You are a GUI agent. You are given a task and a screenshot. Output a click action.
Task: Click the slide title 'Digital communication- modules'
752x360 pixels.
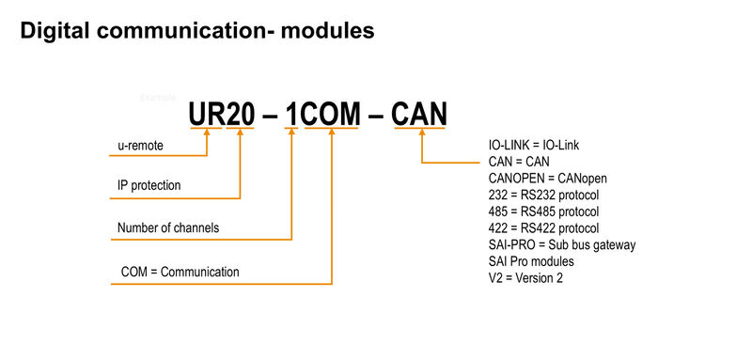[197, 31]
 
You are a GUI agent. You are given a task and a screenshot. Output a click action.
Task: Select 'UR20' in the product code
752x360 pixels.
[221, 115]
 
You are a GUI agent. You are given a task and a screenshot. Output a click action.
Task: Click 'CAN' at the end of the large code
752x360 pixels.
[418, 115]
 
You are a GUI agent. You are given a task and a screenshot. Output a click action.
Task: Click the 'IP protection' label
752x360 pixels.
[149, 185]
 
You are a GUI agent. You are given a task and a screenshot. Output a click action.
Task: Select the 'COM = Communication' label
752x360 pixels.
[180, 272]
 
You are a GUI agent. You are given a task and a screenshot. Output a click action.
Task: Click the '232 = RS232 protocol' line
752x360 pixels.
[543, 195]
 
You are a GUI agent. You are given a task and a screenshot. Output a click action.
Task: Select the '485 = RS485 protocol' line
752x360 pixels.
[543, 211]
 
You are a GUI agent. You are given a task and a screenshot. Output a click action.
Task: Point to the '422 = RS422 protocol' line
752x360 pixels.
[543, 227]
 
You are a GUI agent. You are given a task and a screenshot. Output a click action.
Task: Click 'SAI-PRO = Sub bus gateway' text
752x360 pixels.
[562, 244]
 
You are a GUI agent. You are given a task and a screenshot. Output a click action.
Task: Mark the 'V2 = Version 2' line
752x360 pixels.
[525, 277]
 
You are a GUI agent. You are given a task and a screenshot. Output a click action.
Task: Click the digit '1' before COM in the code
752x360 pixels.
[293, 115]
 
